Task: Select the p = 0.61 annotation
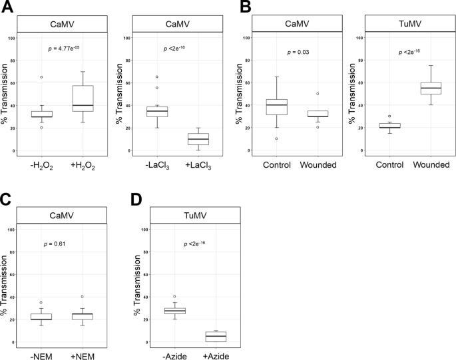[x=63, y=245]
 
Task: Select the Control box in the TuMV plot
[x=389, y=125]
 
